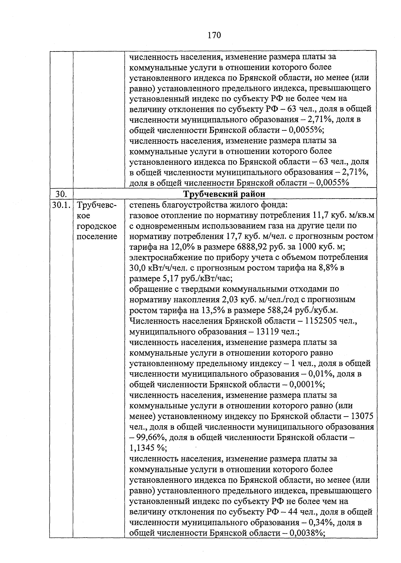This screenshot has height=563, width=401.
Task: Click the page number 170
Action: click(x=214, y=35)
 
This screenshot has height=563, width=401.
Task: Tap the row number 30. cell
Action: click(x=61, y=194)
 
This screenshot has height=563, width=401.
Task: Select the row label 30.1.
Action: click(x=61, y=205)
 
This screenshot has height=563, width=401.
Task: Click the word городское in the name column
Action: click(x=96, y=226)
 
